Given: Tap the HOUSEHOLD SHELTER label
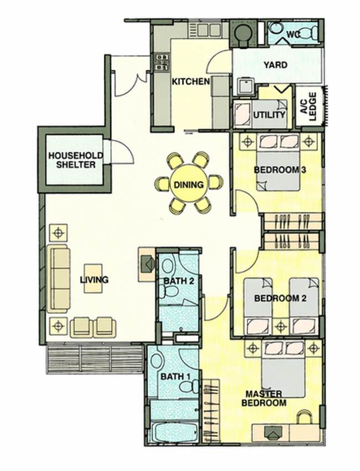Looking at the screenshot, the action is click(x=75, y=160).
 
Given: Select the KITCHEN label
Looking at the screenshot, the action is click(x=191, y=82).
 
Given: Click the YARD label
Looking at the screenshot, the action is click(x=275, y=64).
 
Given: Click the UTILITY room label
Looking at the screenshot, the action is click(x=269, y=115).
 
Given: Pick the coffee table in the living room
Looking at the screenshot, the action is click(x=93, y=278).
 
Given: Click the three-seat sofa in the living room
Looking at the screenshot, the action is click(x=58, y=278).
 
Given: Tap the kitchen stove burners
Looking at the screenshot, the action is click(x=161, y=62).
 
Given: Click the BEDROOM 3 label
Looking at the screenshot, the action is click(x=280, y=170).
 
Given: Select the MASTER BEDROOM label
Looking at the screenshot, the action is click(x=264, y=398).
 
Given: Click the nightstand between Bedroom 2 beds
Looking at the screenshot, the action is click(x=281, y=326).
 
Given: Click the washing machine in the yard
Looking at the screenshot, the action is click(x=246, y=87).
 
